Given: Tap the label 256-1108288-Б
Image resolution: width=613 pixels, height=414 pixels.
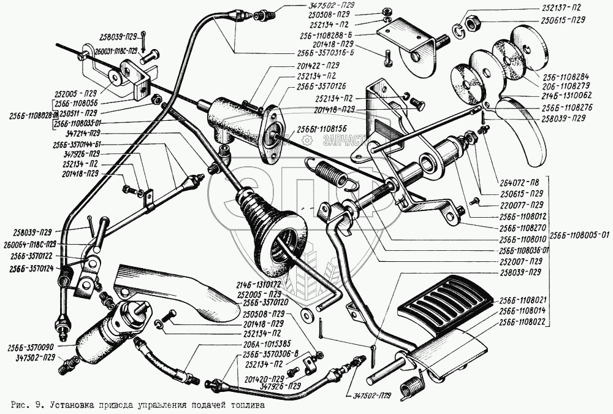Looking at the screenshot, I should [x=341, y=36].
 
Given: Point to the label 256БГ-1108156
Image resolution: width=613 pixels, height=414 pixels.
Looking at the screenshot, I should [x=322, y=128].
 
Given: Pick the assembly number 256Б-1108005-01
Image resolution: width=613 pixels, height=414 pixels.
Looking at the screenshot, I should [x=579, y=234].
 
